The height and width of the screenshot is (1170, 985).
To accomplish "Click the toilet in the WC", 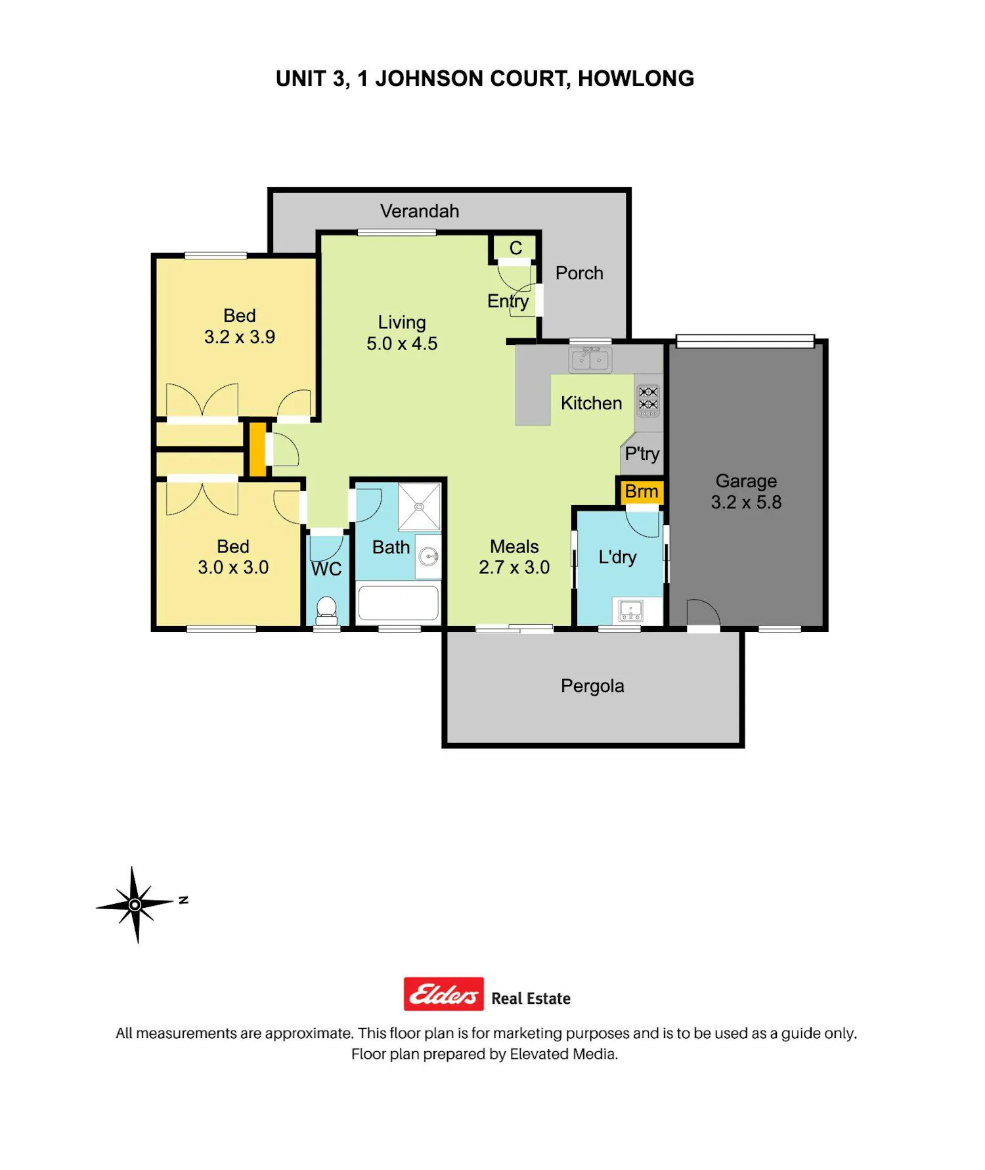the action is [326, 610].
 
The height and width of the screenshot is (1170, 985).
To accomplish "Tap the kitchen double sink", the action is [590, 359].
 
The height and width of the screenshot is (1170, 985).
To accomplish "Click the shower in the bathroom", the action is [419, 506].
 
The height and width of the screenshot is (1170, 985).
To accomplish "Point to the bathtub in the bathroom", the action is [398, 602].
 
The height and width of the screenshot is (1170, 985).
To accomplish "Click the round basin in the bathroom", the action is [429, 557].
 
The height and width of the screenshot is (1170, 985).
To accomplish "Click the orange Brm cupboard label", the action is [641, 491].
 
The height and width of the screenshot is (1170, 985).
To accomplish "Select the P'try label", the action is [642, 454].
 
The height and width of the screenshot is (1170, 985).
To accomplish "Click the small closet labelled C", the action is [515, 248].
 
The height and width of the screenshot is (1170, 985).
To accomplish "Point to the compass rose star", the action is [135, 905].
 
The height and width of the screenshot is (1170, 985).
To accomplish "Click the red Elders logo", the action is [444, 994].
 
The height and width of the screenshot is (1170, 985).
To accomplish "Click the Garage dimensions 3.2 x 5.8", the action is [746, 503].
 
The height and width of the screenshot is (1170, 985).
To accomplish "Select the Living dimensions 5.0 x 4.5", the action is [402, 344].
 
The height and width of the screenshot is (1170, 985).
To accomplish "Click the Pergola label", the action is [592, 686].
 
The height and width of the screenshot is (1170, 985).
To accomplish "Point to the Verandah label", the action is [420, 211].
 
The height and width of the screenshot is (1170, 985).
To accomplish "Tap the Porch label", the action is [579, 273].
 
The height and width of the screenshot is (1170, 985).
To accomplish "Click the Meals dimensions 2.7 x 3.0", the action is [514, 568].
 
